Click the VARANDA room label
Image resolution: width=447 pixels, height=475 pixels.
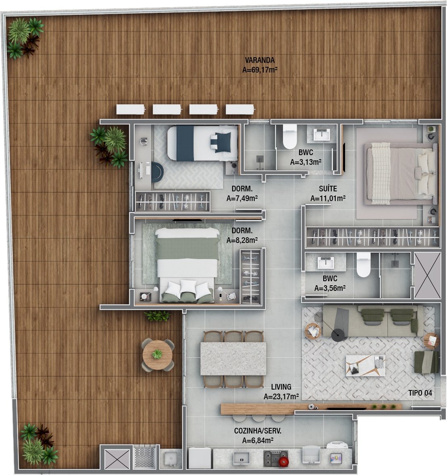click(x=260, y=60)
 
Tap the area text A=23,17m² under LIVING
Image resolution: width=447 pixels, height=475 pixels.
click(x=281, y=396)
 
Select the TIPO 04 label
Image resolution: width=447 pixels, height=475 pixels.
click(x=420, y=393)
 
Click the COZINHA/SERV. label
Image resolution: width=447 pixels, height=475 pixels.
click(x=258, y=431)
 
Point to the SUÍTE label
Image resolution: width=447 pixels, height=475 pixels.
click(x=328, y=189)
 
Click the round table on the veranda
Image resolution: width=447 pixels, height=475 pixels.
click(x=157, y=355)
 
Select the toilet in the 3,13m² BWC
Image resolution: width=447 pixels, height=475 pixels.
click(x=289, y=137)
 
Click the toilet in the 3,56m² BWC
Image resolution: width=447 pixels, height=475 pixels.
click(x=363, y=265)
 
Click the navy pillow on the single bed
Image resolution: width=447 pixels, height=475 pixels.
click(x=223, y=142)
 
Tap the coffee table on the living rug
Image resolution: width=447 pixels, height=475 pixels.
click(x=366, y=366)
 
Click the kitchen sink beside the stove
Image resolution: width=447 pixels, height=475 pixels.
click(x=241, y=458)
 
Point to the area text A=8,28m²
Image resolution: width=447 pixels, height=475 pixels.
click(x=242, y=240)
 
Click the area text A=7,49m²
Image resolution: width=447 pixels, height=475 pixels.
click(x=242, y=199)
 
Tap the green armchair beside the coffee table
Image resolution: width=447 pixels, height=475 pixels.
click(x=426, y=362)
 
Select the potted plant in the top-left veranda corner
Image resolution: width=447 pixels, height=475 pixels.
click(x=24, y=37)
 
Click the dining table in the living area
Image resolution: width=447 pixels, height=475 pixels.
click(x=233, y=359)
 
